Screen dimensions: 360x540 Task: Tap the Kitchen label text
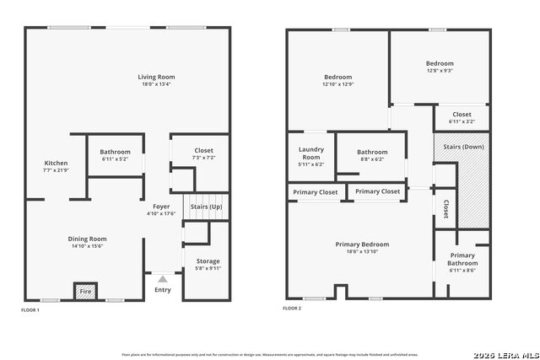pyautogui.click(x=56, y=163)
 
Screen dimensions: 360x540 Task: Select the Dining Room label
pyautogui.click(x=87, y=239)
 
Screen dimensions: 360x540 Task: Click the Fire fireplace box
pyautogui.click(x=85, y=291)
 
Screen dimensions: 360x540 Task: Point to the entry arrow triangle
pyautogui.click(x=162, y=277)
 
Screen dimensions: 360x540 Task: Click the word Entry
pyautogui.click(x=162, y=290)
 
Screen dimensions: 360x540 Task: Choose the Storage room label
pyautogui.click(x=208, y=261)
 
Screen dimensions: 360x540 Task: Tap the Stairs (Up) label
pyautogui.click(x=207, y=207)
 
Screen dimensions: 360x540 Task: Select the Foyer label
pyautogui.click(x=161, y=207)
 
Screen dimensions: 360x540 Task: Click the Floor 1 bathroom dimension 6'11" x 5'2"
pyautogui.click(x=108, y=159)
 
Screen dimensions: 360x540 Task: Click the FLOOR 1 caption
pyautogui.click(x=30, y=310)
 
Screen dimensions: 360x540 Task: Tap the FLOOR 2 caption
pyautogui.click(x=292, y=309)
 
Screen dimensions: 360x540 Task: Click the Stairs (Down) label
pyautogui.click(x=462, y=147)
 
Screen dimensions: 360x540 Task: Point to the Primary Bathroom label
pyautogui.click(x=462, y=259)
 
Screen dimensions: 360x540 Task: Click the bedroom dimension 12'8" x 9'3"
pyautogui.click(x=439, y=71)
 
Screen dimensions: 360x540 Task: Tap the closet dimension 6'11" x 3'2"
pyautogui.click(x=462, y=121)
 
